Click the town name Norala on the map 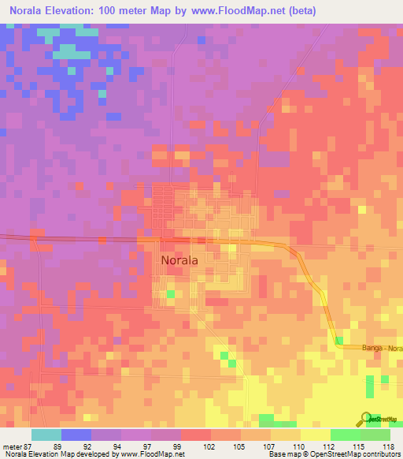click(179, 259)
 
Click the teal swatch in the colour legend click(46, 435)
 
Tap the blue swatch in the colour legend click(76, 435)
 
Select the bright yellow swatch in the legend click(315, 435)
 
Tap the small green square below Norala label click(170, 294)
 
